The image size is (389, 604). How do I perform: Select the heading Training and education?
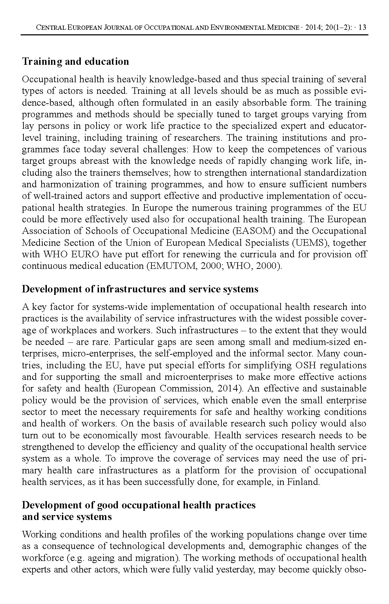(76, 62)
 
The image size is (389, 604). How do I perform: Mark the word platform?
(201, 470)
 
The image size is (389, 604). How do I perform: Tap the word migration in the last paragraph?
(156, 558)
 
